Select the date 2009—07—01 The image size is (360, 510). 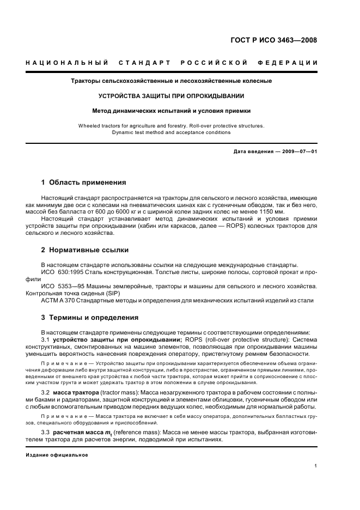click(x=298, y=151)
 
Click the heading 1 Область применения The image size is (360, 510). click(x=84, y=182)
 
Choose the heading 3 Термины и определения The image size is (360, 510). click(x=90, y=317)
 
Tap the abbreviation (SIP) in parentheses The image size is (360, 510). click(x=113, y=293)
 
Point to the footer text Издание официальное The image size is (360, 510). click(x=57, y=454)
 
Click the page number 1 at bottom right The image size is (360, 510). click(x=316, y=466)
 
